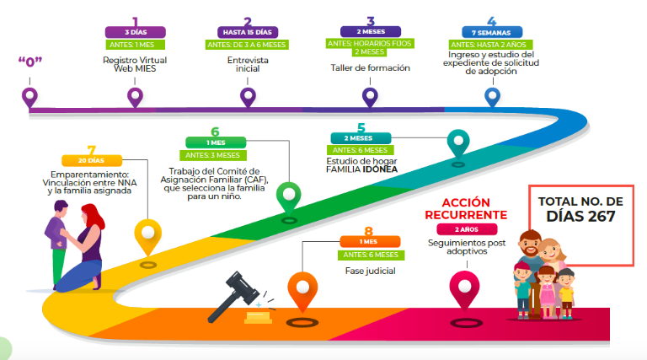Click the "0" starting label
(30, 61)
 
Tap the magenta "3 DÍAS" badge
(134, 33)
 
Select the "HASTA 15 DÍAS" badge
(247, 33)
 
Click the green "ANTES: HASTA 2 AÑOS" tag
(491, 44)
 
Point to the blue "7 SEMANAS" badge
(491, 33)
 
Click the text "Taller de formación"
(371, 67)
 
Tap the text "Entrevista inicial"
(247, 65)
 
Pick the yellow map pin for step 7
(148, 234)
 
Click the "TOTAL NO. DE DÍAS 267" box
(580, 209)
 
